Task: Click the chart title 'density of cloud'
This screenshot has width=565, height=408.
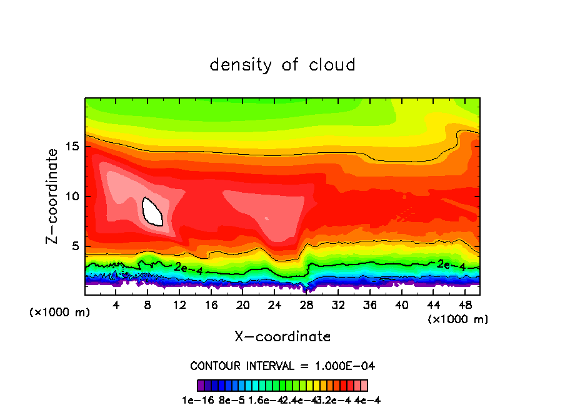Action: pos(282,65)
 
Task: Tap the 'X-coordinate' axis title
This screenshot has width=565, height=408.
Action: pos(282,337)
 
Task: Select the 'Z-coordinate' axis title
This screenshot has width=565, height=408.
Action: pos(54,196)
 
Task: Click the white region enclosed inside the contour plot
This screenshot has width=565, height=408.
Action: pos(152,211)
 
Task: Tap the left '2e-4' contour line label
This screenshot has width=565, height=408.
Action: pos(189,268)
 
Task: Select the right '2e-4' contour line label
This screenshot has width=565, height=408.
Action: pos(451,265)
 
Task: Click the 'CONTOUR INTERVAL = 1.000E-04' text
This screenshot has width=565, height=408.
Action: pos(282,366)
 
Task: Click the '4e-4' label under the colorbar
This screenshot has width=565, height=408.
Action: pos(367,400)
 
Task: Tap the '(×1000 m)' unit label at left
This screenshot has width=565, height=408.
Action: pos(60,313)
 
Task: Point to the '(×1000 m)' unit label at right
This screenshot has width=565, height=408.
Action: pos(458,319)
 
